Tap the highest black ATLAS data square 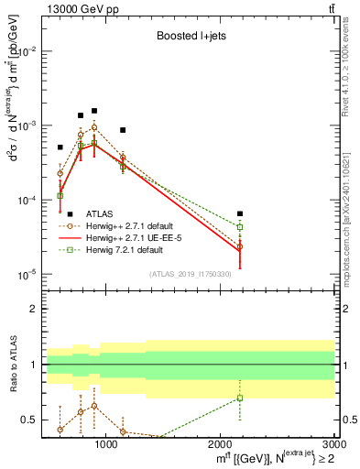pyautogui.click(x=94, y=111)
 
